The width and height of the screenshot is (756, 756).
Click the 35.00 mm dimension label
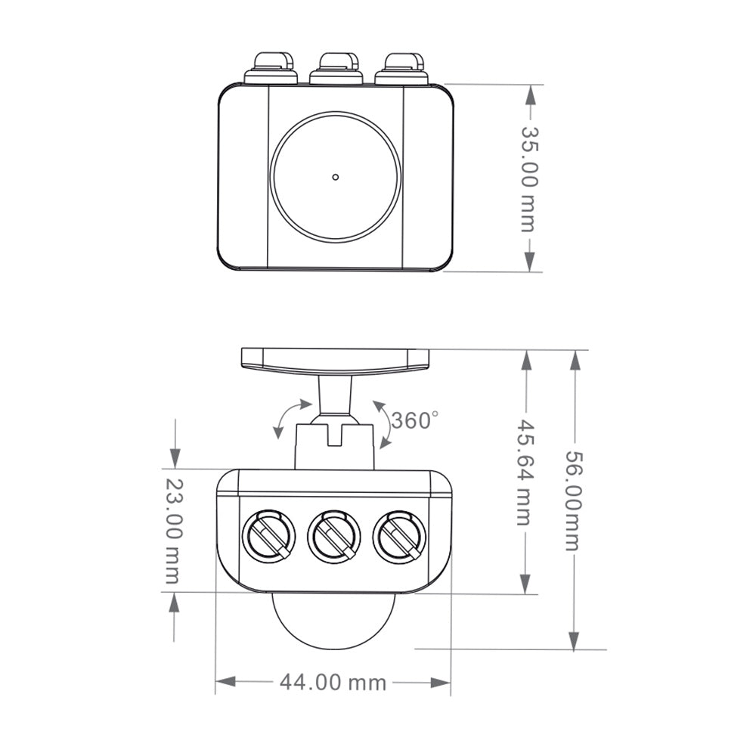[528, 178]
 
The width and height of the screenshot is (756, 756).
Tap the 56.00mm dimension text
[574, 500]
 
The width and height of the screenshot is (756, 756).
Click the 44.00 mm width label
[333, 683]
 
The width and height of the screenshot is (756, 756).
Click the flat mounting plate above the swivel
[335, 360]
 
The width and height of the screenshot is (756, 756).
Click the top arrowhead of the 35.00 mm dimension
[531, 95]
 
